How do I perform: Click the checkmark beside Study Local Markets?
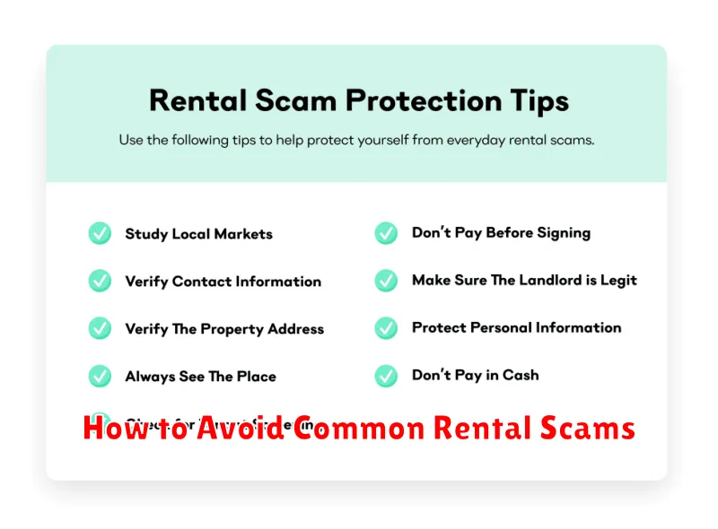100,234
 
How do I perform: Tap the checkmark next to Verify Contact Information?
100,282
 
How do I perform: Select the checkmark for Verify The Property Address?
100,328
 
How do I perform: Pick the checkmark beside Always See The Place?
100,376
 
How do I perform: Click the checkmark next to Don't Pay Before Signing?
386,233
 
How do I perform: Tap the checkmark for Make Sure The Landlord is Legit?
386,281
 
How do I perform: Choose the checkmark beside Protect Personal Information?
386,327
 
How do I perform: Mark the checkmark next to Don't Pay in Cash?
386,375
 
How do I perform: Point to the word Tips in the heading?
539,100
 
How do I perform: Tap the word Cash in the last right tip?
521,375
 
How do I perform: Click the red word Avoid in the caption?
241,429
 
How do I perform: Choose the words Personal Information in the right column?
548,327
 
